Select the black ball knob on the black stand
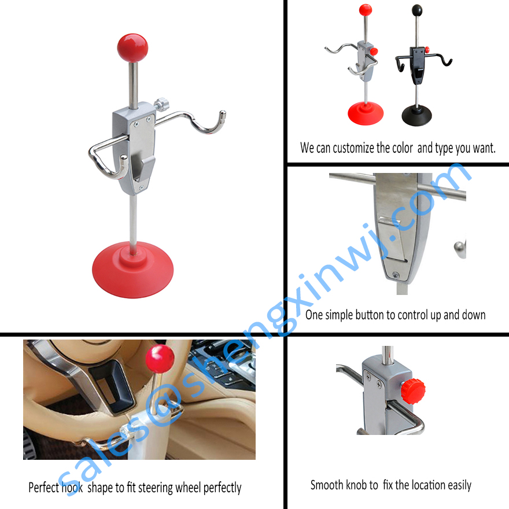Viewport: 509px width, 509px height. (416, 10)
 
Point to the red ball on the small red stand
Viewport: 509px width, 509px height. (365, 10)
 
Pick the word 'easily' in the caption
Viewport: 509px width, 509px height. (458, 485)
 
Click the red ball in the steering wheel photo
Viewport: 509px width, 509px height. (160, 359)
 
